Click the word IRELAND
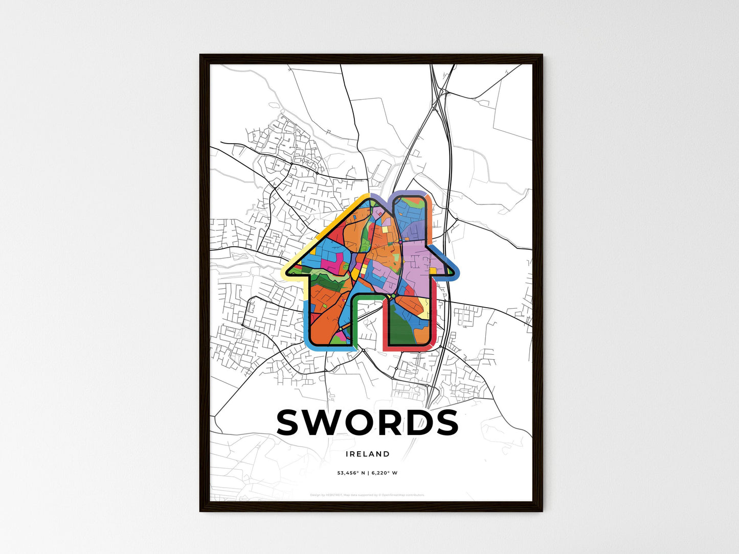coord(367,454)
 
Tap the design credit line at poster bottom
coord(367,495)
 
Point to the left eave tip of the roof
coord(289,273)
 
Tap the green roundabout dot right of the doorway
coord(393,296)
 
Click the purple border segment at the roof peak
coord(381,197)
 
